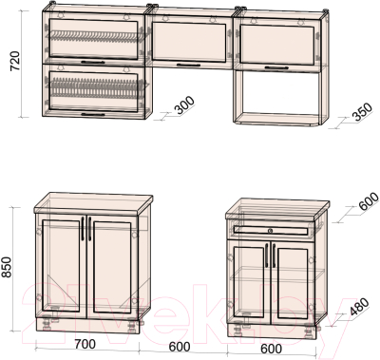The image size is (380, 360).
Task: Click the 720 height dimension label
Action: (15, 61)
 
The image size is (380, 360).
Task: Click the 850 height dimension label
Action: (7, 267)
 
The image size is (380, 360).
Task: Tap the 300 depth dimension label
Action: (184, 105)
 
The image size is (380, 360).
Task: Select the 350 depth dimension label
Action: (363, 111)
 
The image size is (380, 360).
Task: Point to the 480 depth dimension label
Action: (359, 307)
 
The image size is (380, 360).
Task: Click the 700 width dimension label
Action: (85, 344)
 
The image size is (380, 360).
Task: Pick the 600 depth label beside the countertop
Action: (369, 201)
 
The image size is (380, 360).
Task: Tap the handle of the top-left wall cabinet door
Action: (93, 63)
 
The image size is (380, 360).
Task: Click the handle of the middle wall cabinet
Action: (188, 66)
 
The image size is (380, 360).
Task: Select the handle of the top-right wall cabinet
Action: (276, 67)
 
